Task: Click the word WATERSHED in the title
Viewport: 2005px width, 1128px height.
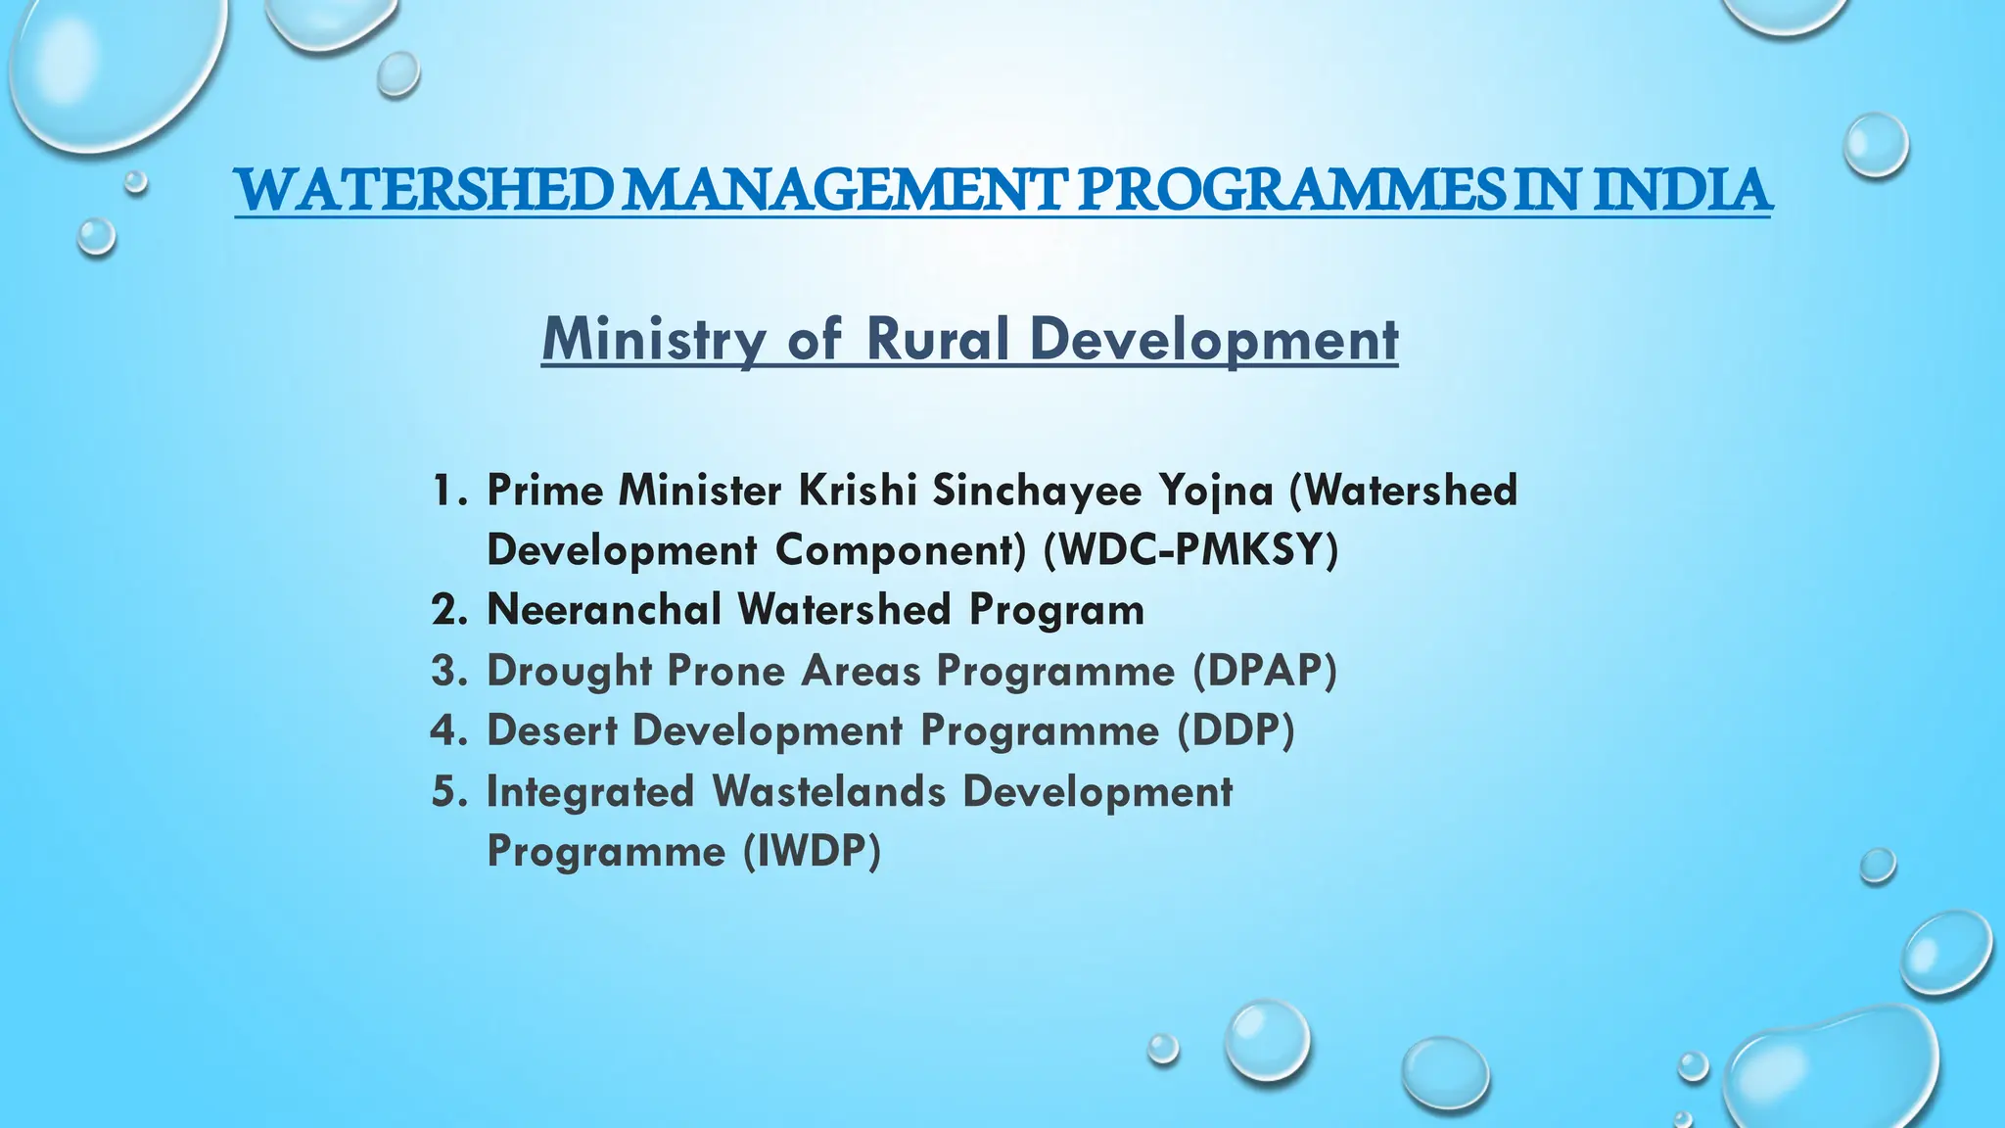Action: point(424,190)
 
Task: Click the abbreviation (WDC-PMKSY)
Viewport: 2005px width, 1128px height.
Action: point(1190,549)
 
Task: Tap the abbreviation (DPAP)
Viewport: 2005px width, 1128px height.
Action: point(1265,671)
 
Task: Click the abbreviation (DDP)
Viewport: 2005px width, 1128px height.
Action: point(1236,730)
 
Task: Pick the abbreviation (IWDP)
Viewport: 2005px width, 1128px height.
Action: point(812,850)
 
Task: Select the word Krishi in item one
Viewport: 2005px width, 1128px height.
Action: point(858,490)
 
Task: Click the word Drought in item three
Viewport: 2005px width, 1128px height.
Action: point(570,671)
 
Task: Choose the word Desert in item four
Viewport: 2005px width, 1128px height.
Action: point(552,730)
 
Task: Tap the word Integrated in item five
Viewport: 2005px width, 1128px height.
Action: point(590,791)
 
